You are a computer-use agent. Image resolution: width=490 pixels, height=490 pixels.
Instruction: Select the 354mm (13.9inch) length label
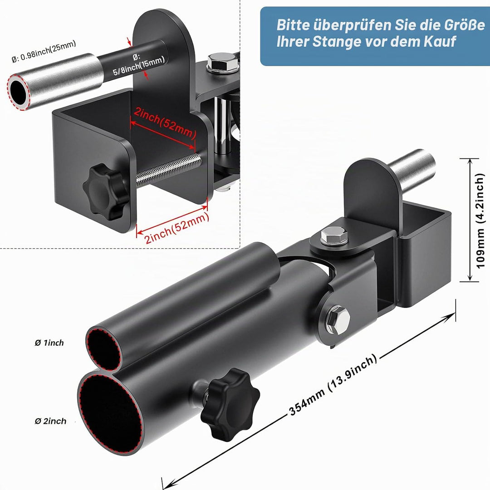point(333,385)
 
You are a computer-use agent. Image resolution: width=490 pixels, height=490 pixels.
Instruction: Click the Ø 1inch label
point(49,343)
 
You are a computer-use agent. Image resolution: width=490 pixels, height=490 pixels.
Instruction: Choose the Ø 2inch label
point(50,421)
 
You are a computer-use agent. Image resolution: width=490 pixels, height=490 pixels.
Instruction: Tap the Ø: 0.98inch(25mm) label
point(44,51)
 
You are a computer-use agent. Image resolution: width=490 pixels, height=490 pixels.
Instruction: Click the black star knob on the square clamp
point(103,190)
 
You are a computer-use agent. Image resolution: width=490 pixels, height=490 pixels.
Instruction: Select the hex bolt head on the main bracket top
point(334,236)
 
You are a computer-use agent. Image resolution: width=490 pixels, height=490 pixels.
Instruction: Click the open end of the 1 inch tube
point(104,349)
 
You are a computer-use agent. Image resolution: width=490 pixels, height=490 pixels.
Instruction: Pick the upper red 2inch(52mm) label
point(165,123)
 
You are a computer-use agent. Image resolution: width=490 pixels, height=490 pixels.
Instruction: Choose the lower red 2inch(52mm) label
point(176,228)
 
